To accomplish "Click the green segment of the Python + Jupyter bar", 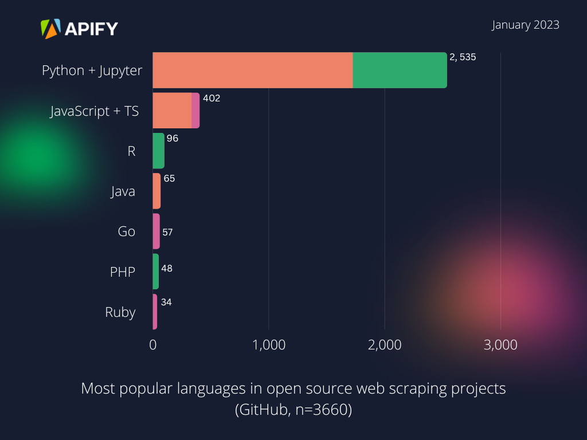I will click(400, 70).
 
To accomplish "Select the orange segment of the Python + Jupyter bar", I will click(252, 70).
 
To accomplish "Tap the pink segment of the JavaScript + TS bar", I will click(195, 111).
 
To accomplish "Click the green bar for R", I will click(158, 151).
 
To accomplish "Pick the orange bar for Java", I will click(156, 191).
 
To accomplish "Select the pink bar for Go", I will click(156, 231).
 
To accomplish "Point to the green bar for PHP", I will click(155, 272).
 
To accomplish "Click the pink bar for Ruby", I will click(155, 312).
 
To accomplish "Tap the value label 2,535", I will click(463, 57).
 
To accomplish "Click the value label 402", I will click(212, 98).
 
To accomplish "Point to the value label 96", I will click(173, 138).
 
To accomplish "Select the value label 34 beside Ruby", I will click(166, 302).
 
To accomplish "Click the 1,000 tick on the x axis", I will click(269, 345).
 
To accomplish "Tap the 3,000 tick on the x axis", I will click(500, 345).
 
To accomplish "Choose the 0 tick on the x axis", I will click(153, 345).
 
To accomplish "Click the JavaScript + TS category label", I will click(95, 111).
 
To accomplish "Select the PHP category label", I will click(123, 272).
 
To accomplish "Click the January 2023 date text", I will click(525, 25).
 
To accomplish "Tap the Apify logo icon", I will click(50, 29).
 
